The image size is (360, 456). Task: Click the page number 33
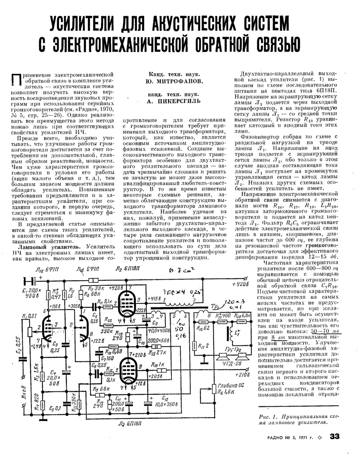point(334,436)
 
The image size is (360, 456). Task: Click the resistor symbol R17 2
point(194,346)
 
